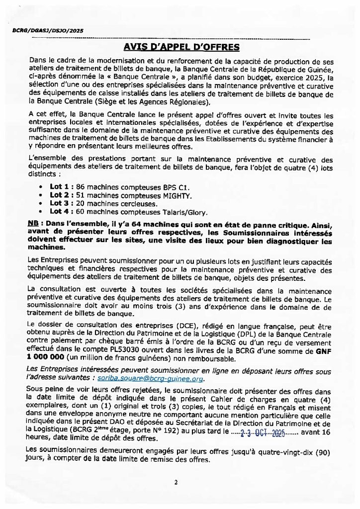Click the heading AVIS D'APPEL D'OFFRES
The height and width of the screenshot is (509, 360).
181,47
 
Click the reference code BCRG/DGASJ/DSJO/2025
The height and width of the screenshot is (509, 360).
47,31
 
